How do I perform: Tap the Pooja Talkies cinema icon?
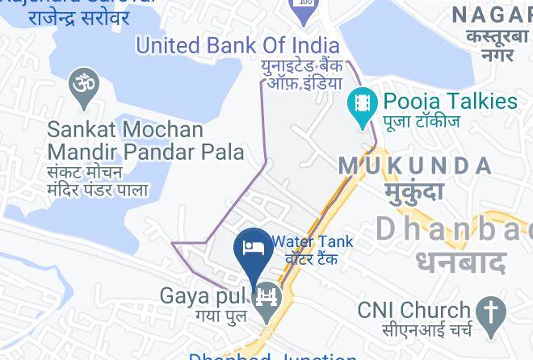tap(363, 105)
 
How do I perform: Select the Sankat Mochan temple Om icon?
tap(84, 86)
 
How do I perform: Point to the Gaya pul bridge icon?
tap(266, 299)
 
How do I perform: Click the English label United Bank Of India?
tap(237, 44)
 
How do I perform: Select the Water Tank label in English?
tap(313, 241)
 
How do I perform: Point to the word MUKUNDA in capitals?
tap(415, 166)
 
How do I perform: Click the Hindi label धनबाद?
tap(461, 262)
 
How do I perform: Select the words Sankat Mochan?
tap(125, 130)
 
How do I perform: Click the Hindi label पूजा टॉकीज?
tap(421, 122)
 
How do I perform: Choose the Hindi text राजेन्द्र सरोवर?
tap(78, 17)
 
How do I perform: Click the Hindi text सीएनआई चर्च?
tap(415, 330)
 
